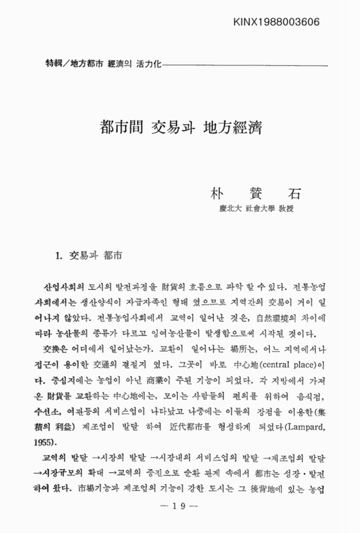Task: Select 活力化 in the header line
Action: pos(150,63)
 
